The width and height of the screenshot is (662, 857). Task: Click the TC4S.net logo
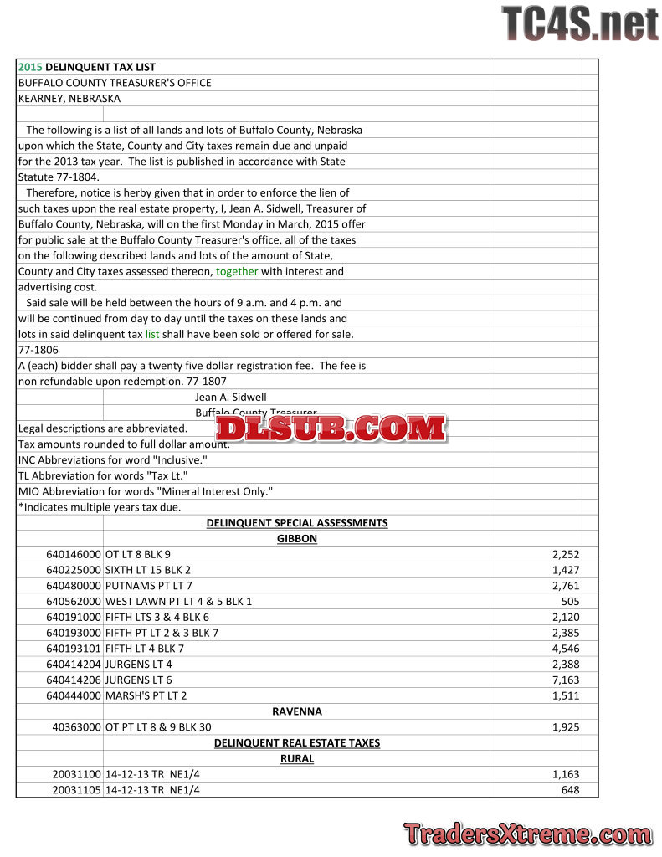click(x=580, y=23)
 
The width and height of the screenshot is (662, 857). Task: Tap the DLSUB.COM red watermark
click(x=331, y=428)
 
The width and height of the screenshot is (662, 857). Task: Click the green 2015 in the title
click(x=30, y=67)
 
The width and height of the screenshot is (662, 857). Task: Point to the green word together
click(x=237, y=272)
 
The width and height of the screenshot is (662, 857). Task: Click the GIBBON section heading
click(x=297, y=539)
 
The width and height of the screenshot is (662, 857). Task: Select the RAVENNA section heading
click(x=297, y=711)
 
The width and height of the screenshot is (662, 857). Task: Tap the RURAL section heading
click(x=297, y=759)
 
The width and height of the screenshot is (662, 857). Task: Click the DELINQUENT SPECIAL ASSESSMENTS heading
click(x=297, y=523)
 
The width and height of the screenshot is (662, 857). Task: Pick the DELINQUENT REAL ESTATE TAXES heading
click(x=297, y=743)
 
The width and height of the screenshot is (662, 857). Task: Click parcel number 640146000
click(x=74, y=555)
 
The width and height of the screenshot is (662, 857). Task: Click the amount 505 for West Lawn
click(x=570, y=602)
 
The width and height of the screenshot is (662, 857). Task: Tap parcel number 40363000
click(x=76, y=727)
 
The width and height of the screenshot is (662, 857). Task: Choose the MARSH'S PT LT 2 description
click(x=146, y=696)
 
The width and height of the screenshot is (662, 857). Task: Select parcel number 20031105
click(x=76, y=790)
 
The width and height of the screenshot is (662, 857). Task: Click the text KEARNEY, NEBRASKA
click(x=69, y=99)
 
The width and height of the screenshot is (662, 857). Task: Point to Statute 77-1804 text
click(x=59, y=177)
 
